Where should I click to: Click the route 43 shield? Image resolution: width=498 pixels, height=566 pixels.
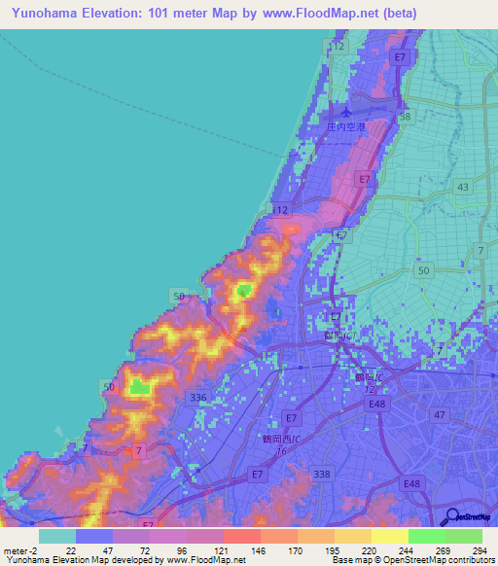461,186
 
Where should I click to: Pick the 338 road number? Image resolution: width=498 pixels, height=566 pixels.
320,473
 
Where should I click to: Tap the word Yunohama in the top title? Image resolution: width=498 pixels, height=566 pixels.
49,13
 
